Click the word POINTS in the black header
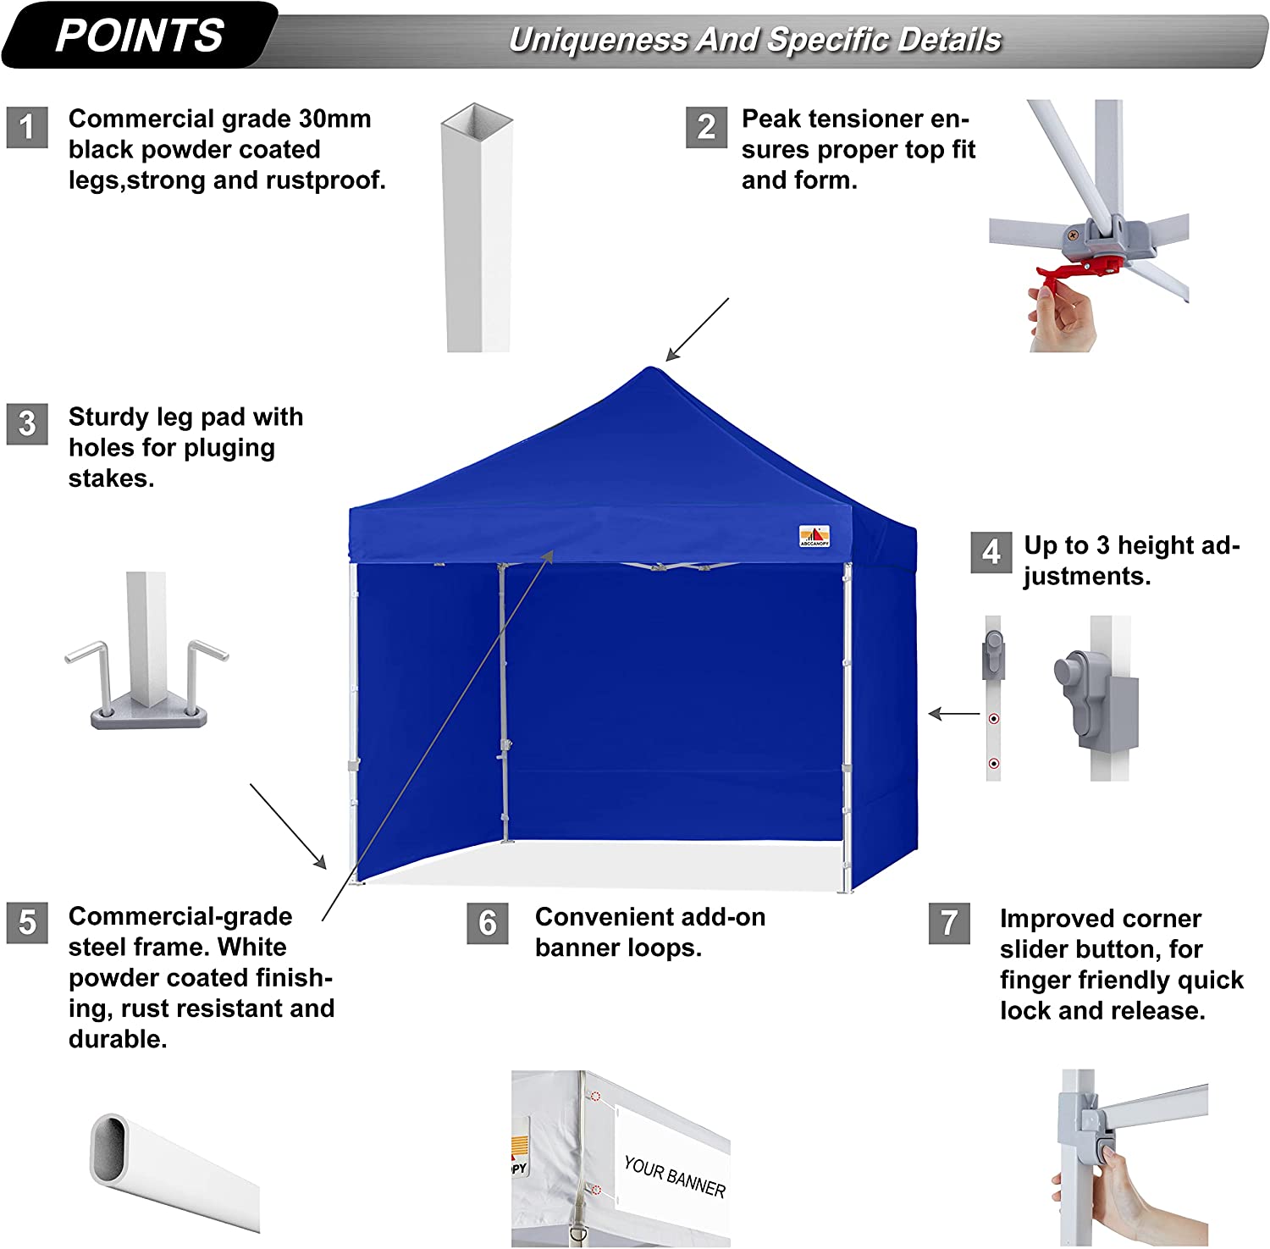(x=140, y=36)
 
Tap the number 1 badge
(x=27, y=127)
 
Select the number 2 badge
(x=706, y=127)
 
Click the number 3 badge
(x=27, y=423)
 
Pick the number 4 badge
(x=991, y=552)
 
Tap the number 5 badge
(x=27, y=922)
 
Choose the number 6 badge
(x=488, y=922)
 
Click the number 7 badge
(x=949, y=922)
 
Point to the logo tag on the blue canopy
(x=814, y=536)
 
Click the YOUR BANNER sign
(x=674, y=1176)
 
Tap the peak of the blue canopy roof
(x=650, y=371)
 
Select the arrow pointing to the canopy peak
(x=696, y=330)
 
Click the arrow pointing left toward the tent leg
(x=954, y=714)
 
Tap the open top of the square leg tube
(x=477, y=117)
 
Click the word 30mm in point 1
(x=336, y=119)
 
